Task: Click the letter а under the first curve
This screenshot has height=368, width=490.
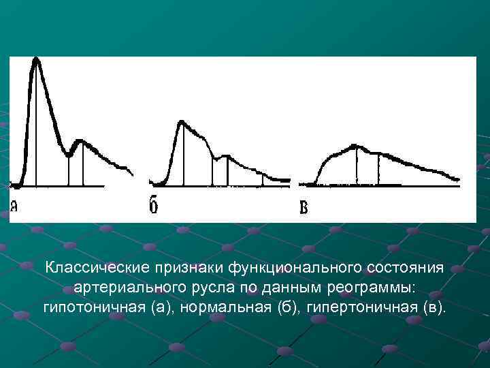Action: [14, 206]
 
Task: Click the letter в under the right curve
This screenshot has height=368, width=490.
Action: [304, 207]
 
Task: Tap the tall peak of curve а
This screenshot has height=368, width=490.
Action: [36, 60]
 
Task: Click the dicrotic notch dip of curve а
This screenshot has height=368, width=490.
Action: [69, 155]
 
